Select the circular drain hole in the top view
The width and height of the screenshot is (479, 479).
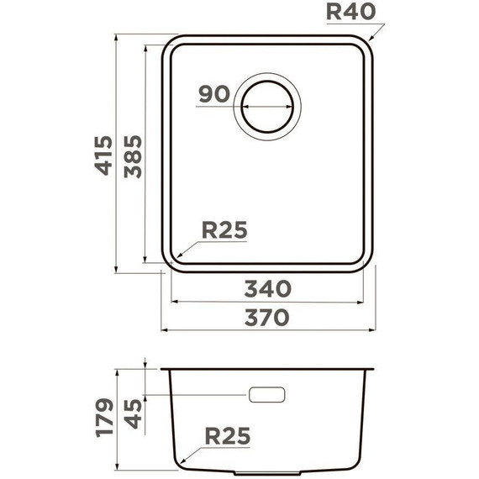[x=269, y=108]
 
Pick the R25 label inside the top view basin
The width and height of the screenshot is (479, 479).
[x=224, y=229]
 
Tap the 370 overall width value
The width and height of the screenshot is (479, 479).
[x=267, y=317]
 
